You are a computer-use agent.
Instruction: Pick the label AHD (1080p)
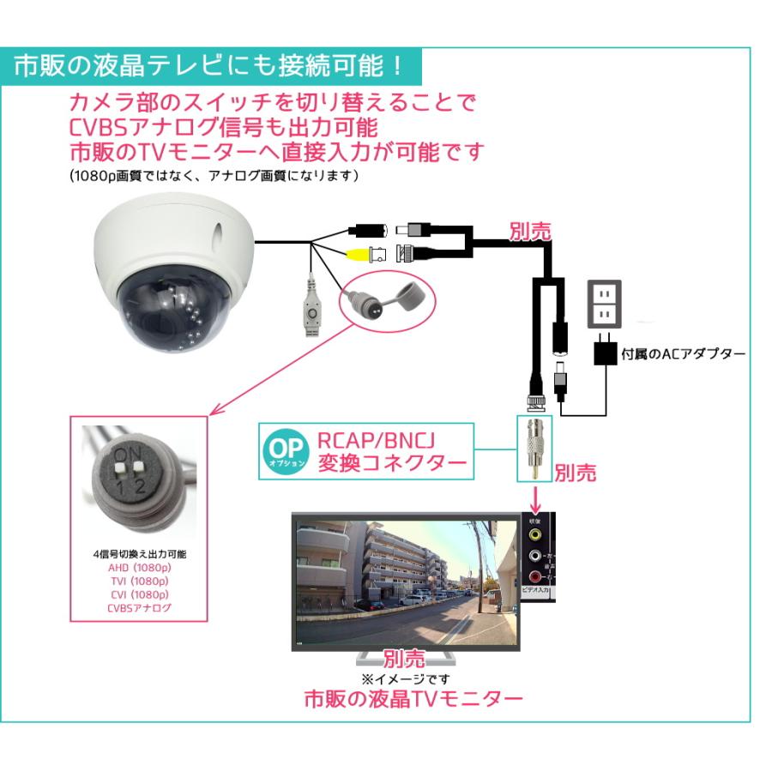[139, 568]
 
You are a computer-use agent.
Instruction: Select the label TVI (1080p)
[139, 581]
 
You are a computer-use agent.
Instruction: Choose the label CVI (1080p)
[139, 594]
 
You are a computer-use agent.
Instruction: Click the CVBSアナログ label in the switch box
[139, 607]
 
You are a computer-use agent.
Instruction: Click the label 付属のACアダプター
[683, 353]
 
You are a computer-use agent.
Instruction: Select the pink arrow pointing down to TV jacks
[535, 497]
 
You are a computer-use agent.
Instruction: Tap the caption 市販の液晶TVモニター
[413, 699]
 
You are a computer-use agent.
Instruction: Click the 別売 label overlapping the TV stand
[404, 659]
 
